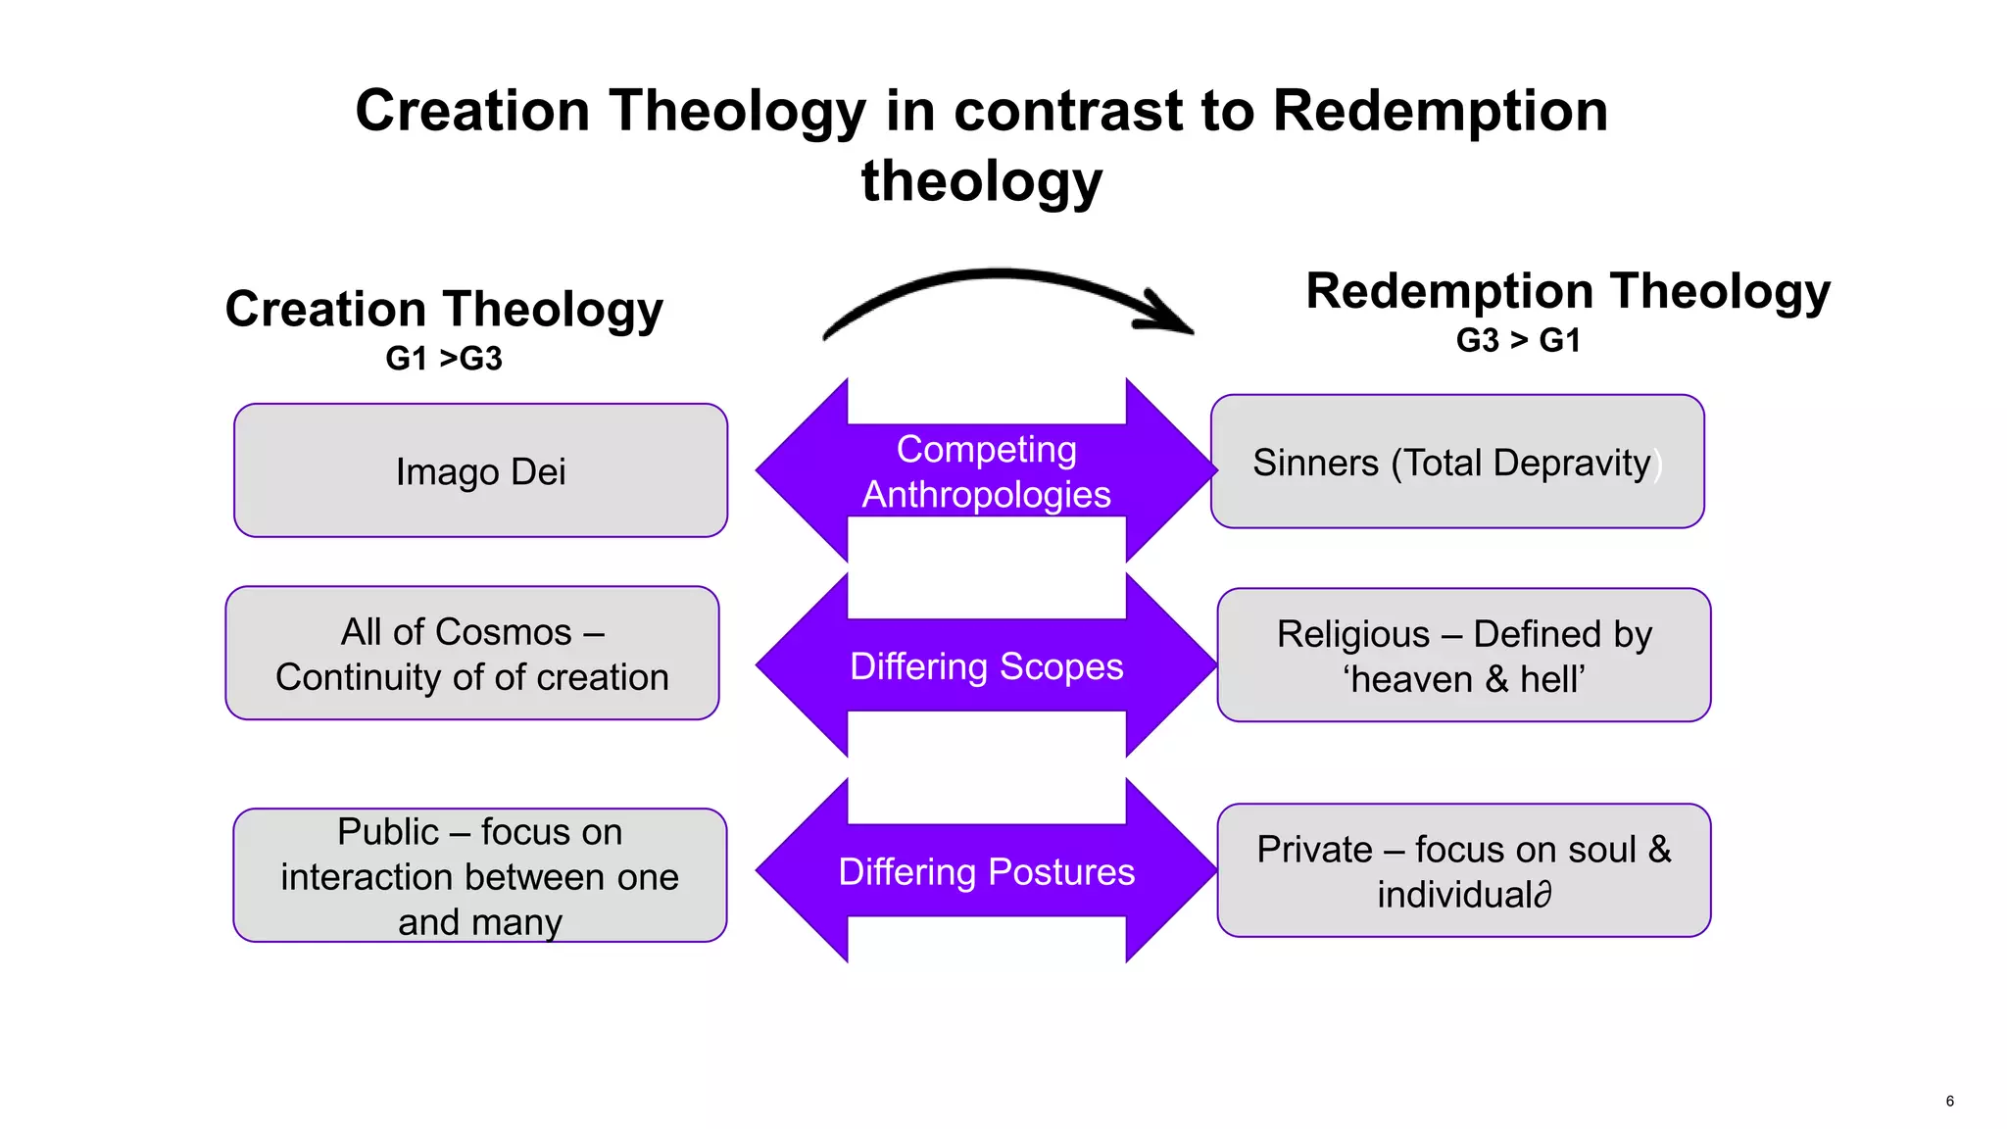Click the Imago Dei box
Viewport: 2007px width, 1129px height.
point(480,471)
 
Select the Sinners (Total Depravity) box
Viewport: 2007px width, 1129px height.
point(1456,463)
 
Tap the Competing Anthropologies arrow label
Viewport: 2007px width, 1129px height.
point(986,471)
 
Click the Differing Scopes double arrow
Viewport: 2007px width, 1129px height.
point(986,666)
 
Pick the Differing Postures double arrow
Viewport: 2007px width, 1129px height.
point(986,871)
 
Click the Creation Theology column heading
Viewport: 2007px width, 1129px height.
point(444,309)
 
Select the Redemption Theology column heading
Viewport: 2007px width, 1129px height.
point(1567,291)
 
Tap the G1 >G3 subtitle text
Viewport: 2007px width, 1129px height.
point(444,359)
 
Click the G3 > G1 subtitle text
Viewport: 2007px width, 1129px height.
point(1518,340)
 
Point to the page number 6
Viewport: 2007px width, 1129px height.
point(1949,1101)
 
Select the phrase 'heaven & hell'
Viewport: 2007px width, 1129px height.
point(1463,679)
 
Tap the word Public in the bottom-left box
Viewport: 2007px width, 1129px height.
point(387,832)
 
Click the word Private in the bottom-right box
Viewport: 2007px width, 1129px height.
point(1314,850)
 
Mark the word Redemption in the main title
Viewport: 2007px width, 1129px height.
point(1440,110)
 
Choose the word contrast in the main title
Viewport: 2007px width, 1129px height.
point(1068,110)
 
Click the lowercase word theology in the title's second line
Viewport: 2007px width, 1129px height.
point(982,181)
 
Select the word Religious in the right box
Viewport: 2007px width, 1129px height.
point(1352,635)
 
